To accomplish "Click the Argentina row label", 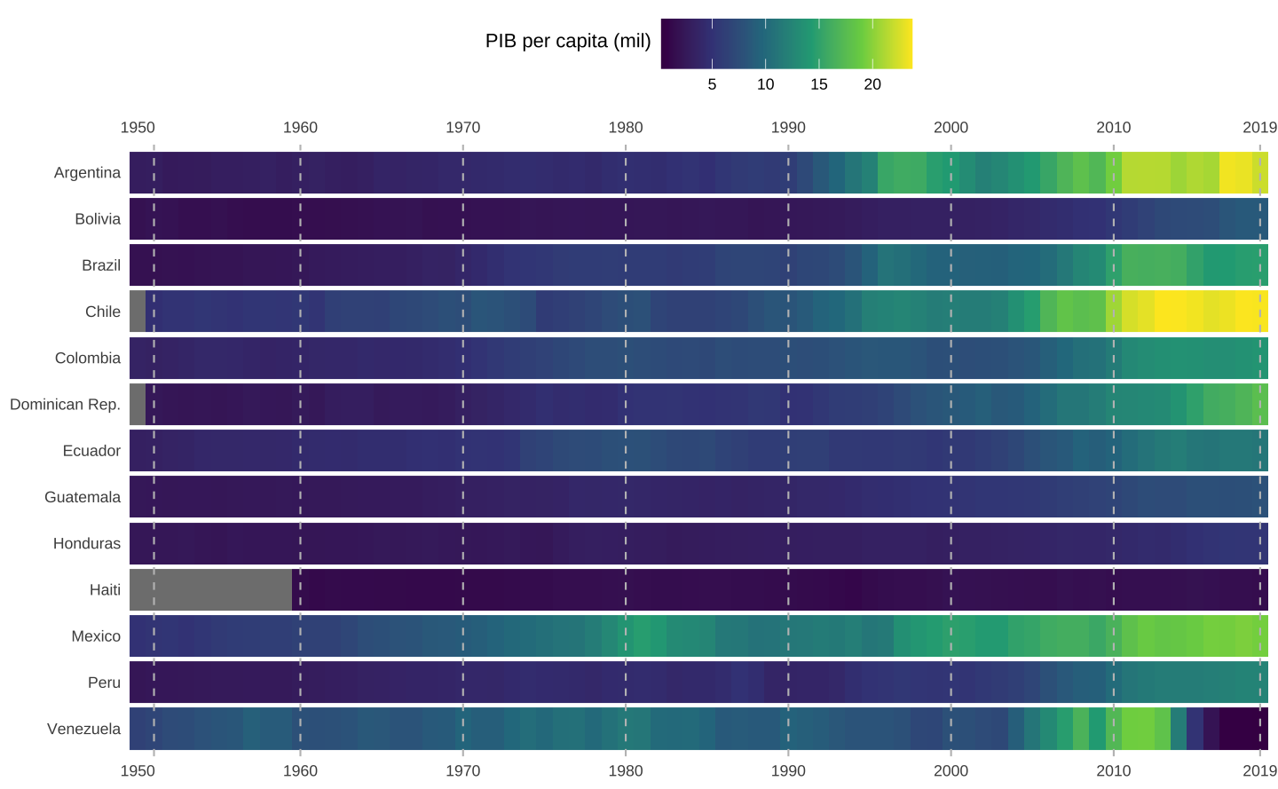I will (87, 172).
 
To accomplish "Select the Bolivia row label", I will (98, 218).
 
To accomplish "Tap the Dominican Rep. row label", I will (65, 405).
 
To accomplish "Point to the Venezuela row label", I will (83, 729).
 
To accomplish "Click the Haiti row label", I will (105, 589).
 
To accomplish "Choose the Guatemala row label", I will (83, 497).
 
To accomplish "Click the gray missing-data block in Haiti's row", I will (210, 589).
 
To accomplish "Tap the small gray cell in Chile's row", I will (138, 312).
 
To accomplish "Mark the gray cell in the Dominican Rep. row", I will (138, 405).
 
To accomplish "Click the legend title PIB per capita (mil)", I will (568, 41).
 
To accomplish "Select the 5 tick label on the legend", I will (712, 84).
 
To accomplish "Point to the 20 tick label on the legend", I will (872, 84).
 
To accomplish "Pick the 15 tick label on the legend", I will (818, 84).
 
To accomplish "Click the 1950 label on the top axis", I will (138, 128).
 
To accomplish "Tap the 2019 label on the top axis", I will (1259, 128).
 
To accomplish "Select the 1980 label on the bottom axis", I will (626, 770).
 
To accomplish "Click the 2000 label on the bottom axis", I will (951, 770).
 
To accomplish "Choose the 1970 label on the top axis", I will (462, 128).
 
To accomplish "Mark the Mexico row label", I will (96, 636).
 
